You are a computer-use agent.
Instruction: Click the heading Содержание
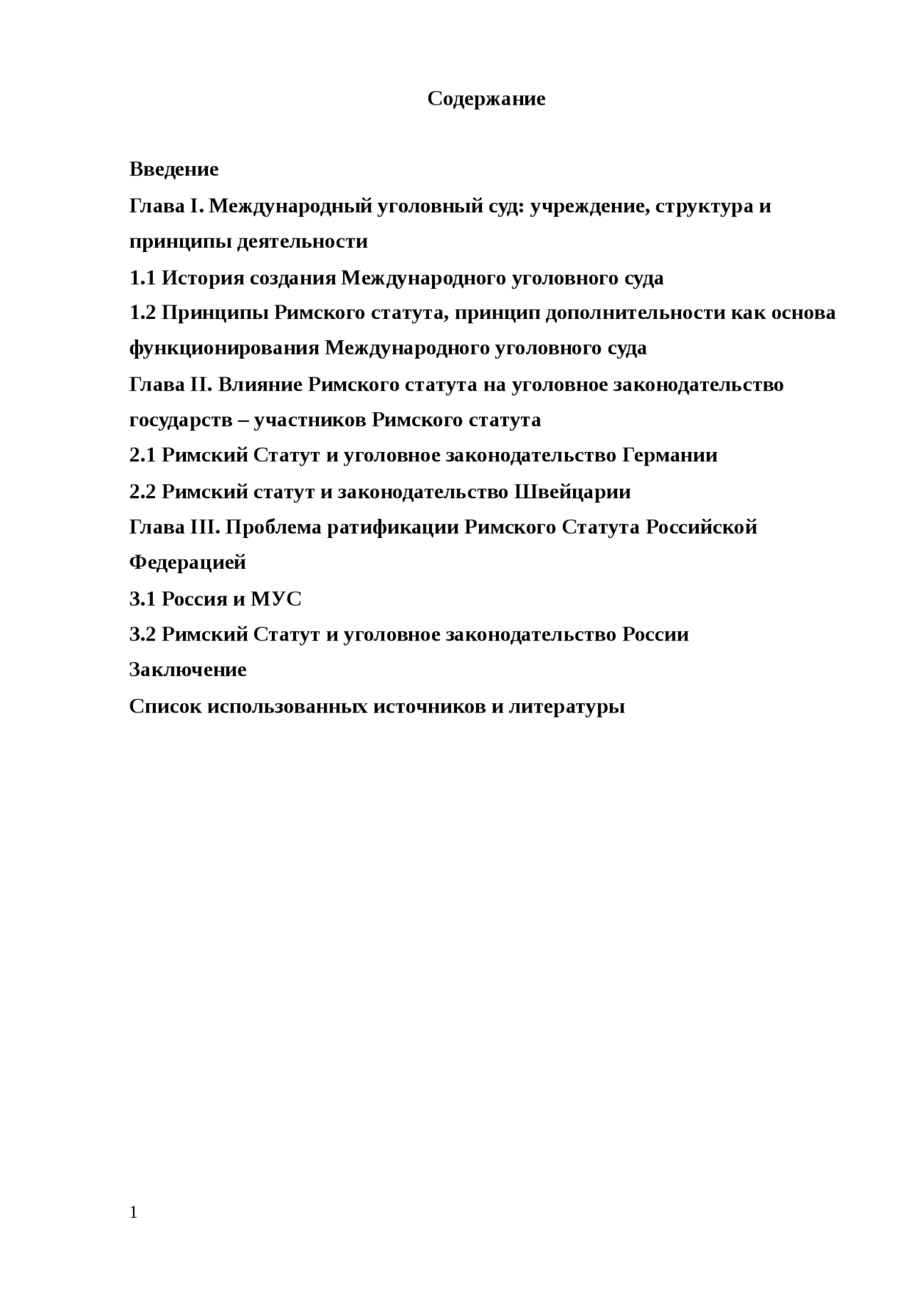486,98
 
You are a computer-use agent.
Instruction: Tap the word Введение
174,169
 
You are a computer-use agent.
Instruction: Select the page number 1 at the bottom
133,1212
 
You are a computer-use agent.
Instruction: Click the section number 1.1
142,278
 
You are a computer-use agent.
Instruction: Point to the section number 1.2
142,312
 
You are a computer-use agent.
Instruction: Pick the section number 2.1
142,455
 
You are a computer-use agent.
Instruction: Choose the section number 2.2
142,492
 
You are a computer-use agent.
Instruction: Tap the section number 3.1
142,599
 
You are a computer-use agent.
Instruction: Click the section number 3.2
142,634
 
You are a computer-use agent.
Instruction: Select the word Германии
670,455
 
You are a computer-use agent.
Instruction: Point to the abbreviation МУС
276,599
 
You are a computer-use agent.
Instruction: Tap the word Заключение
188,670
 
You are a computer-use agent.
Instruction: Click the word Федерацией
188,562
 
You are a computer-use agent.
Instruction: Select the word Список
165,707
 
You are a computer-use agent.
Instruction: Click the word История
203,278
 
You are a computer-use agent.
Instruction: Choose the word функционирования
224,348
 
